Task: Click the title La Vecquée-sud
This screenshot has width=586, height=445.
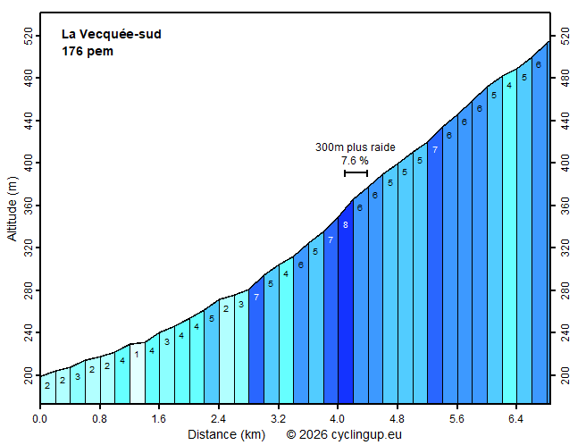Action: pyautogui.click(x=111, y=35)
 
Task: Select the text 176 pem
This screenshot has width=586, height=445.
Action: pyautogui.click(x=87, y=51)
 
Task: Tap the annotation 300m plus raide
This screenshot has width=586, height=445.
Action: pyautogui.click(x=355, y=147)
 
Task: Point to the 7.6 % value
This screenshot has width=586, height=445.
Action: pyautogui.click(x=355, y=161)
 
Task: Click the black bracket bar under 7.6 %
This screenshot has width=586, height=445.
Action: pyautogui.click(x=356, y=172)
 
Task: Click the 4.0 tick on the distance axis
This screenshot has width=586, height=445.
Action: pyautogui.click(x=338, y=417)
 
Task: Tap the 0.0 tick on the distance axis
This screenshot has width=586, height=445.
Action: pyautogui.click(x=40, y=417)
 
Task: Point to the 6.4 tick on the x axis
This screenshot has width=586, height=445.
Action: pyautogui.click(x=516, y=417)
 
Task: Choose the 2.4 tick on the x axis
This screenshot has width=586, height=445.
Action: pyautogui.click(x=219, y=417)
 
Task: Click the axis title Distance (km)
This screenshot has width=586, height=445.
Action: pyautogui.click(x=225, y=434)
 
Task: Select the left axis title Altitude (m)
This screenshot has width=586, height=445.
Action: pyautogui.click(x=12, y=208)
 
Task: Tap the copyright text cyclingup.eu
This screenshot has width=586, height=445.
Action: pyautogui.click(x=343, y=434)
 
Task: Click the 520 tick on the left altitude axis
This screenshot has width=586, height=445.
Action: pyautogui.click(x=28, y=37)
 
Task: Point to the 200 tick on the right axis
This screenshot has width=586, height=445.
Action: pyautogui.click(x=563, y=376)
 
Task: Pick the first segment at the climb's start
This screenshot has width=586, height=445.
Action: pyautogui.click(x=47, y=389)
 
